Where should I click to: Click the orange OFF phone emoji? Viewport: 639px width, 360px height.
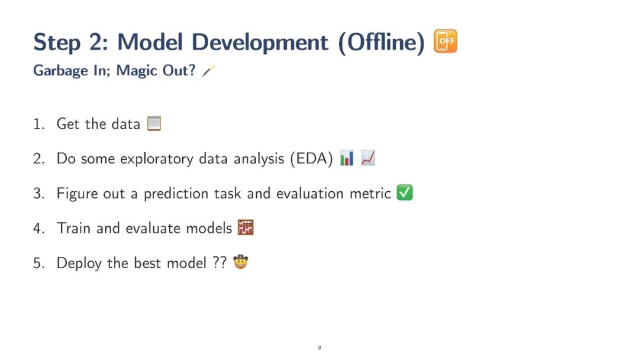pos(446,41)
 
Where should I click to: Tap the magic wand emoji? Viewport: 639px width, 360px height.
pos(208,70)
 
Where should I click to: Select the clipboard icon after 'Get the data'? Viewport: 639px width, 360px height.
pos(154,123)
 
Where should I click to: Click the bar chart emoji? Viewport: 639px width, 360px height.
pos(347,157)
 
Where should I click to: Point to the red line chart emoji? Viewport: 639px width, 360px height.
pos(368,157)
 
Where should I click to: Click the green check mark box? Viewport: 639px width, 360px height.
pos(405,193)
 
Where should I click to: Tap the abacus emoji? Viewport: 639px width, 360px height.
pos(246,227)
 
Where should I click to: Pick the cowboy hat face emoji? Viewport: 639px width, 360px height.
pos(240,262)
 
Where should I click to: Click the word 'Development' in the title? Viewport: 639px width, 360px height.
pos(260,42)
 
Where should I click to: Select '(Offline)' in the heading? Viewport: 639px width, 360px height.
pos(382,42)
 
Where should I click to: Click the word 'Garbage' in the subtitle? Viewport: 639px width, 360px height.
pos(60,71)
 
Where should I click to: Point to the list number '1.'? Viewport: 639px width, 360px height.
pos(38,124)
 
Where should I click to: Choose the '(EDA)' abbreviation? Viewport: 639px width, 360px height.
pos(312,158)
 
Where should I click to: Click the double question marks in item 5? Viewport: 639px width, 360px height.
pos(220,262)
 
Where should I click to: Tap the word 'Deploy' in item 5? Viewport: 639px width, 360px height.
pos(79,263)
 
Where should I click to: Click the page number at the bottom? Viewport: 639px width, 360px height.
pos(319,348)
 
